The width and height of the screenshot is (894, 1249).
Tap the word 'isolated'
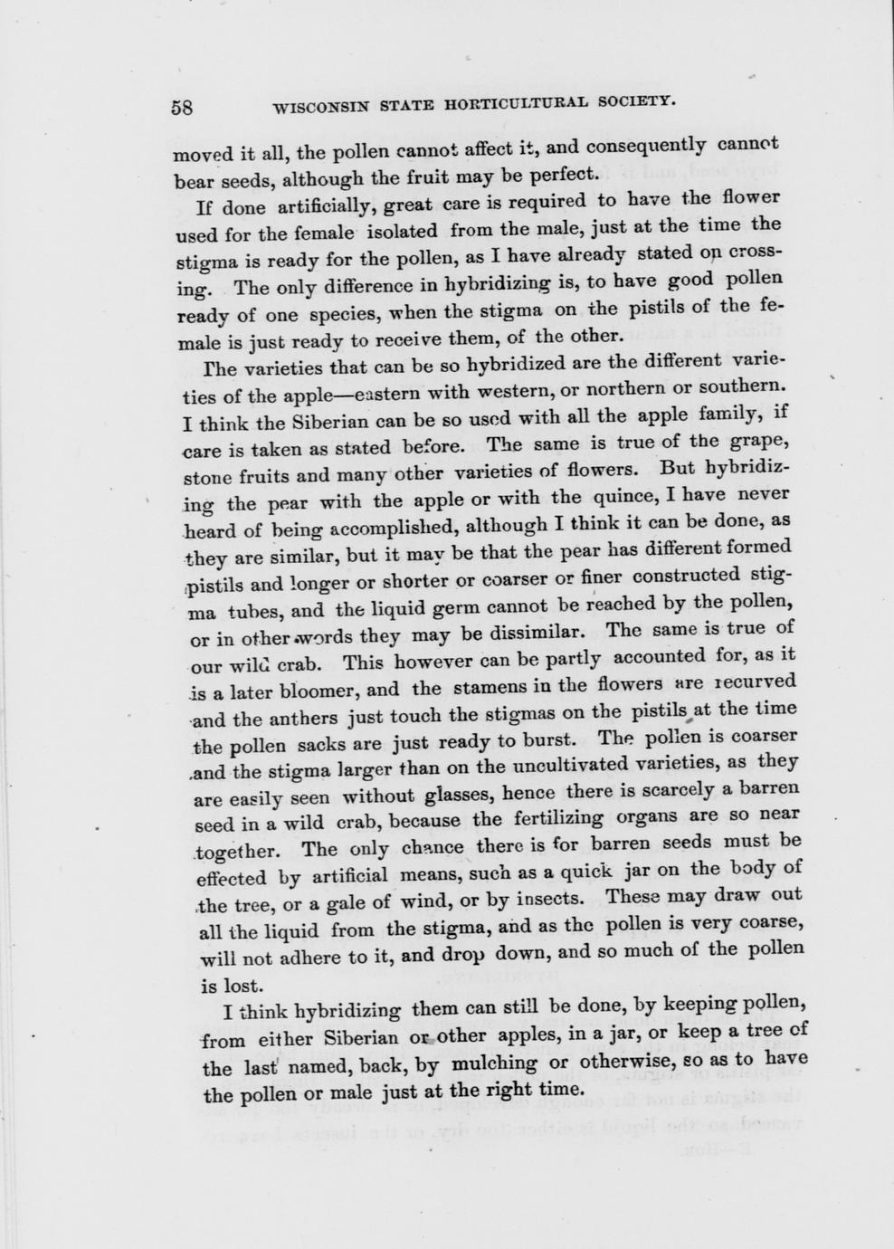point(404,231)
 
